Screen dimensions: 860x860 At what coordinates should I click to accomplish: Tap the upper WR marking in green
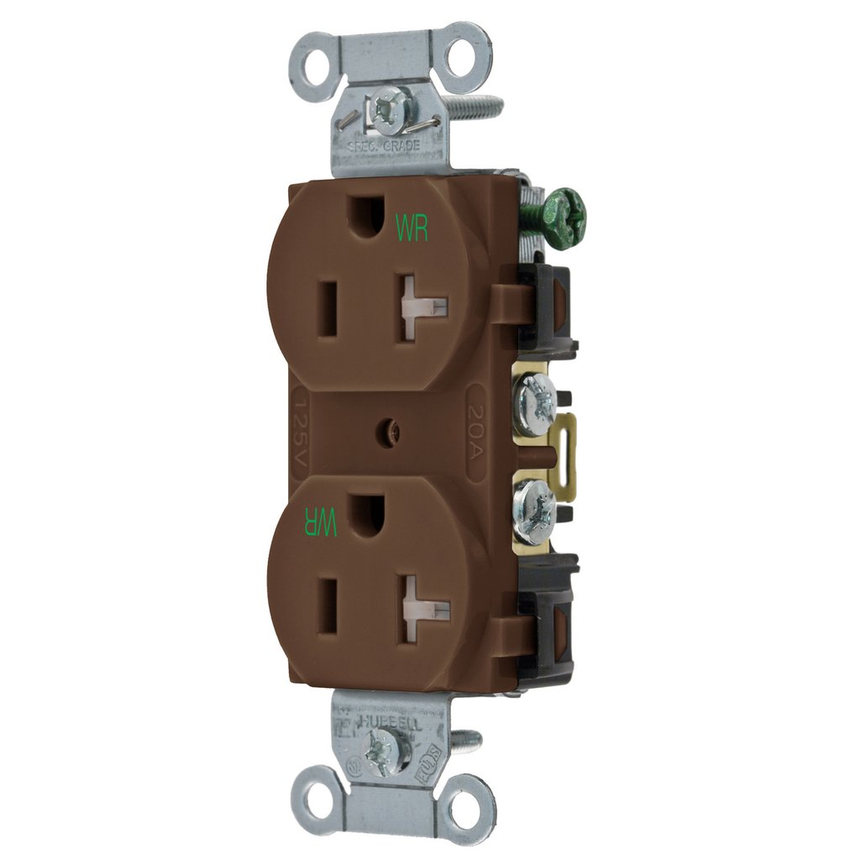[x=412, y=228]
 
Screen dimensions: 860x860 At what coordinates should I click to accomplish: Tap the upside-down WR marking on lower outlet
[x=320, y=522]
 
